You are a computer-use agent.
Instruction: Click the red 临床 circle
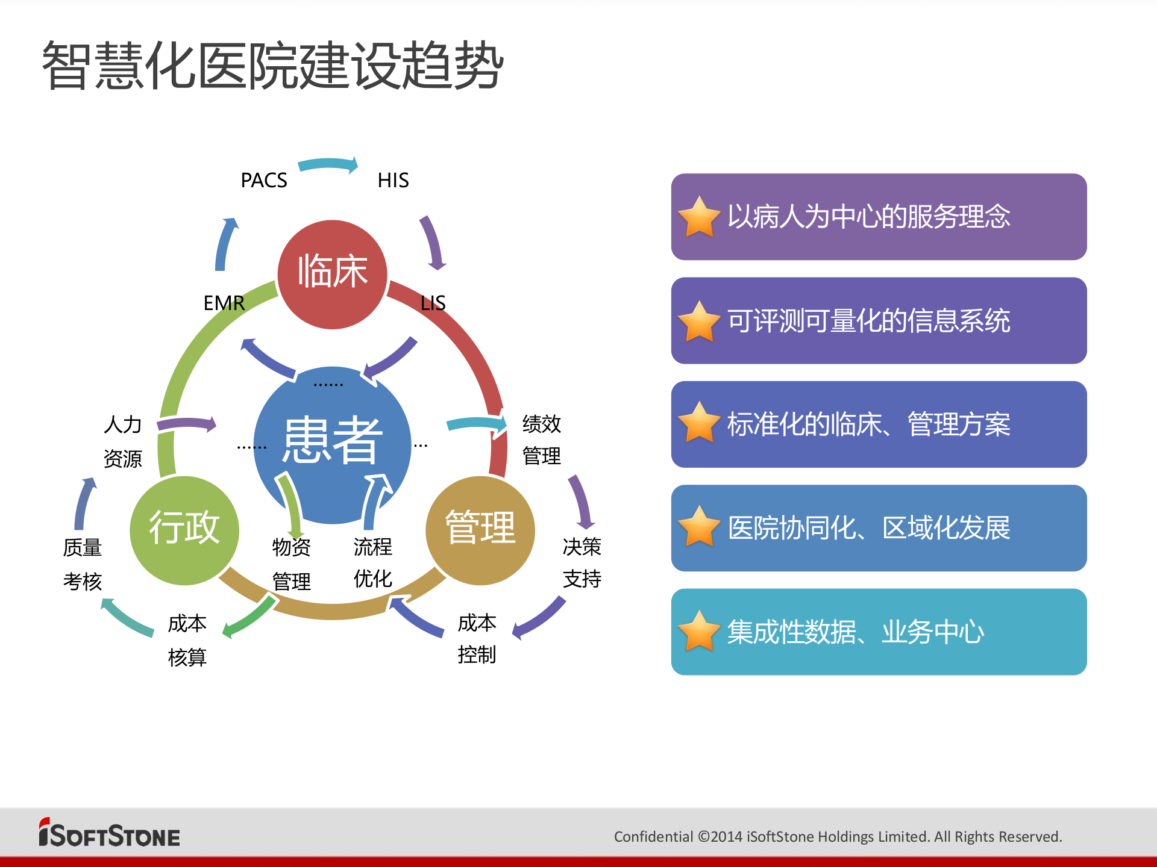(x=332, y=274)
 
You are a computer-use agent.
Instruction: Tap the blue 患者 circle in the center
(x=332, y=443)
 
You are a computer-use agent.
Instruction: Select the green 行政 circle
(x=184, y=530)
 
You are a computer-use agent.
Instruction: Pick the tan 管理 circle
(x=480, y=530)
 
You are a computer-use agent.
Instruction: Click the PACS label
(x=263, y=180)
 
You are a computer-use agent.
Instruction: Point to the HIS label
(x=393, y=180)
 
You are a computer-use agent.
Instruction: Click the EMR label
(x=224, y=303)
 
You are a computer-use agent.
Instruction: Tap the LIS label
(x=433, y=303)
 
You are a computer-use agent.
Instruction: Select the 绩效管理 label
(x=541, y=440)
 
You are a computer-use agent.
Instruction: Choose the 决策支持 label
(x=582, y=562)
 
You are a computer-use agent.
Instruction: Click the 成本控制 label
(x=477, y=638)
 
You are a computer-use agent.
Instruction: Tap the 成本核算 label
(x=187, y=640)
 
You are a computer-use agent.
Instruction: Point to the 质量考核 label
(x=82, y=564)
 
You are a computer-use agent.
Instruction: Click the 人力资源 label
(x=122, y=441)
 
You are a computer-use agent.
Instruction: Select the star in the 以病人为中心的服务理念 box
(x=699, y=217)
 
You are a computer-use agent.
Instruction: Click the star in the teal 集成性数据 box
(x=699, y=631)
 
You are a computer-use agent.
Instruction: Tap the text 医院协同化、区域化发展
(x=868, y=528)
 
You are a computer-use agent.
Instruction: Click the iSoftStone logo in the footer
(x=109, y=833)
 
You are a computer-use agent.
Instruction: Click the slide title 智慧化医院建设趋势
(x=272, y=65)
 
